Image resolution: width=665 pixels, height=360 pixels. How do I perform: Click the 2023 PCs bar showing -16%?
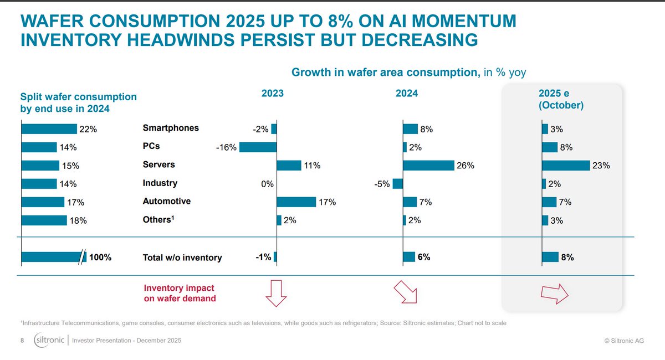[258, 147]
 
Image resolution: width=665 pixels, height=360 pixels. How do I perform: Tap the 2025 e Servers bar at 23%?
[566, 165]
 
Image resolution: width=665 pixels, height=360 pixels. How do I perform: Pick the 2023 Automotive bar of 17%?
[296, 202]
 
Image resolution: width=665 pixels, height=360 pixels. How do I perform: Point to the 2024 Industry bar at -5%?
[398, 183]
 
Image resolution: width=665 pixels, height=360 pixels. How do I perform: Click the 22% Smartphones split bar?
[49, 129]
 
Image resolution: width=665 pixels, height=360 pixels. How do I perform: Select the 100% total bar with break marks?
[53, 257]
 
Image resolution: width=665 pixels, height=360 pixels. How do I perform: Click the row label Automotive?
[167, 201]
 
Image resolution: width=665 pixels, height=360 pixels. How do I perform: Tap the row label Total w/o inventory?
[182, 257]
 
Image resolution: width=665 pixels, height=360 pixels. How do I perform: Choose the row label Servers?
[158, 164]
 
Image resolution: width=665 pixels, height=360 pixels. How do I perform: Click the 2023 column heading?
[272, 94]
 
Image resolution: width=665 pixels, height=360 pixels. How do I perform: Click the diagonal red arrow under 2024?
[405, 292]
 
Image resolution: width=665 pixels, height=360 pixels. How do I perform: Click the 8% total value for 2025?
[567, 257]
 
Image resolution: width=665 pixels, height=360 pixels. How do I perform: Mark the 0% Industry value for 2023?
[268, 184]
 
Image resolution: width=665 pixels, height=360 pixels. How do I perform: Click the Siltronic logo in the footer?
[49, 340]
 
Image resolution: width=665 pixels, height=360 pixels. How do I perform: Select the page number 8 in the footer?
[23, 340]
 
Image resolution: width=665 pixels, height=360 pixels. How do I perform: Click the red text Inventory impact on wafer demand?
[180, 294]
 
